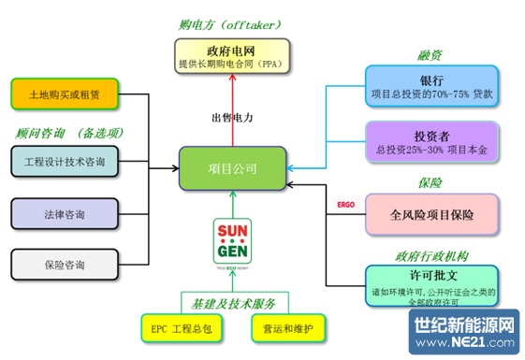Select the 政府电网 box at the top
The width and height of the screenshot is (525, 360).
coord(231,57)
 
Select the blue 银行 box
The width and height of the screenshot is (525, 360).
coord(431,86)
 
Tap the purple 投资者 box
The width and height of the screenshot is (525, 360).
coord(431,141)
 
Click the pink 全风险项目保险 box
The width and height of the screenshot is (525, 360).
coord(431,214)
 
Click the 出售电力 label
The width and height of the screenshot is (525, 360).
coord(231,117)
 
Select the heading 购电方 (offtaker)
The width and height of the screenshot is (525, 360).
coord(230,24)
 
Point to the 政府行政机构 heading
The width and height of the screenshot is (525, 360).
coord(430,254)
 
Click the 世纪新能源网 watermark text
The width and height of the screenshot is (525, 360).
coord(465,324)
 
